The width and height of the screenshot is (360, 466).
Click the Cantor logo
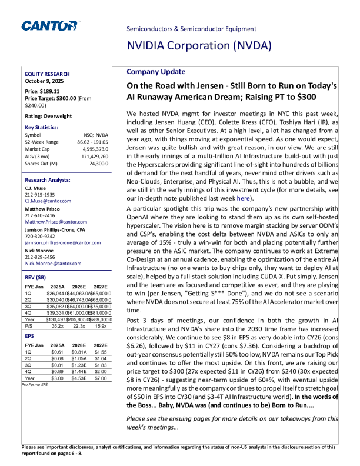pyautogui.click(x=50, y=25)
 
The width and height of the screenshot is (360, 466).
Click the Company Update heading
pyautogui.click(x=152, y=72)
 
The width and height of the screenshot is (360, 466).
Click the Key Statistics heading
pyautogui.click(x=42, y=127)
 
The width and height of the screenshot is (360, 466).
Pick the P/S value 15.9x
pyautogui.click(x=101, y=325)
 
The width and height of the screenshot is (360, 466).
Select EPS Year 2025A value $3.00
pyautogui.click(x=58, y=379)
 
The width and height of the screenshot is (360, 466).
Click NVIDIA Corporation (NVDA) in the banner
pyautogui.click(x=199, y=46)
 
